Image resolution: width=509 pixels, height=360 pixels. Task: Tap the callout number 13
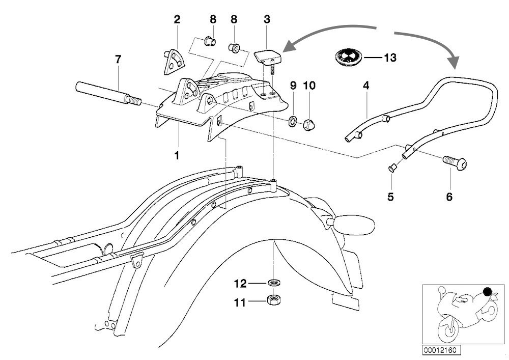point(389,58)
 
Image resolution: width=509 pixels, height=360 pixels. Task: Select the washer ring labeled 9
point(294,122)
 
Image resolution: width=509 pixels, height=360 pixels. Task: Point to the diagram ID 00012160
point(438,351)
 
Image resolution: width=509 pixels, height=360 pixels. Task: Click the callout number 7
point(118,59)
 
